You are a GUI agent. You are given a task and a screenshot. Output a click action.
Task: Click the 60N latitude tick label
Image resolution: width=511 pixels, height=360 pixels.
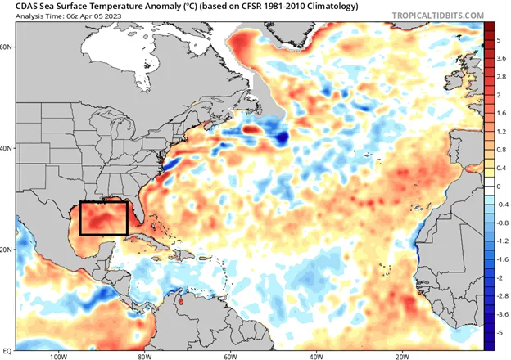pyautogui.click(x=8, y=47)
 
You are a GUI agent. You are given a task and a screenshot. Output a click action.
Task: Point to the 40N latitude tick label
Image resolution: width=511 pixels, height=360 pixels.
pyautogui.click(x=8, y=149)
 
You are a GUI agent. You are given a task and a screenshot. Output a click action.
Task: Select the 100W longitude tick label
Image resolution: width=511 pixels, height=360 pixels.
pyautogui.click(x=57, y=356)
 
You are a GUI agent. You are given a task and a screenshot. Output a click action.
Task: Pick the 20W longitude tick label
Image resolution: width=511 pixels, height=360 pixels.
pyautogui.click(x=402, y=356)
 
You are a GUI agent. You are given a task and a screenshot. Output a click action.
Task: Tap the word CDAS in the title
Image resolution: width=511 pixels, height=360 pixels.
pyautogui.click(x=19, y=6)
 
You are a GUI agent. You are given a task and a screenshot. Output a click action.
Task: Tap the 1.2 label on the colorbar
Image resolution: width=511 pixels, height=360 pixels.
pyautogui.click(x=500, y=130)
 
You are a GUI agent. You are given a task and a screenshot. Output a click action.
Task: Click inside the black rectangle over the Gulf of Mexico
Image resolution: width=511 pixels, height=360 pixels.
pyautogui.click(x=103, y=218)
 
